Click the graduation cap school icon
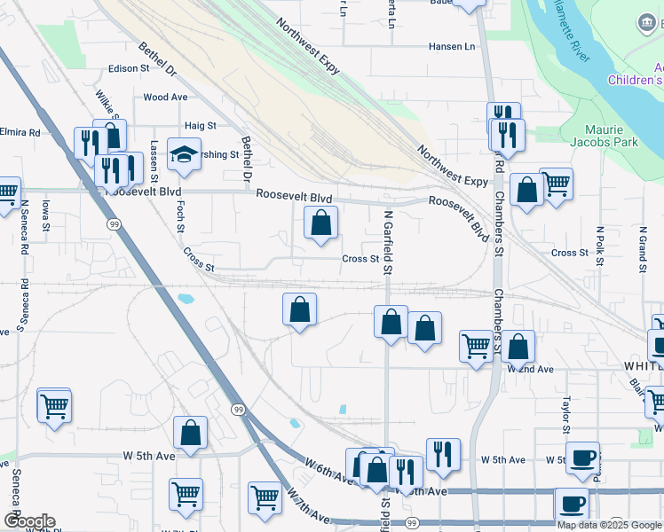[184, 154]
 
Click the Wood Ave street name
[165, 98]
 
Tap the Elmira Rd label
[21, 132]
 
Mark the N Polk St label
[600, 242]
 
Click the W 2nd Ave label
[531, 369]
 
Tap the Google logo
[29, 521]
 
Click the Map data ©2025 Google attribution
[608, 525]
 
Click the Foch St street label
[179, 215]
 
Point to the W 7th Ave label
[307, 512]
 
